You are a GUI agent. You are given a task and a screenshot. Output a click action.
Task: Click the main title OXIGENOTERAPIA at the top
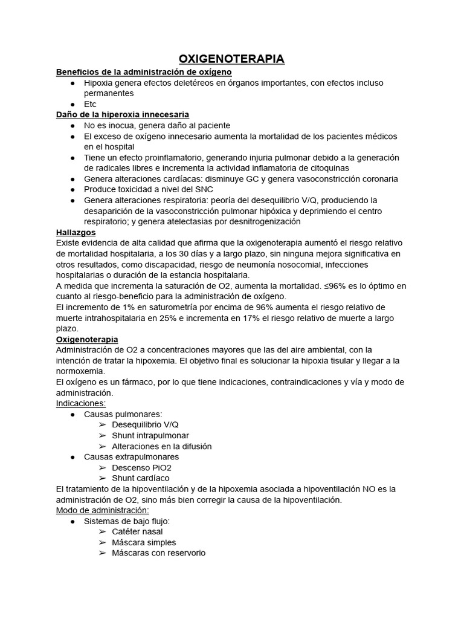coord(231,59)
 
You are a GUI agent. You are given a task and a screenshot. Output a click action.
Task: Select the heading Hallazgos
coord(76,232)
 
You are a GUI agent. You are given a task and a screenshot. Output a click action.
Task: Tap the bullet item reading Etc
coord(90,104)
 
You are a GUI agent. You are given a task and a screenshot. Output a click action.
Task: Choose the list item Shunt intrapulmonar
coord(150,435)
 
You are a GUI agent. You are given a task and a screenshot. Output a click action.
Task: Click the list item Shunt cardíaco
coord(140,478)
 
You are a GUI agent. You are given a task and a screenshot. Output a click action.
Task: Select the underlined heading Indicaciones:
coord(80,403)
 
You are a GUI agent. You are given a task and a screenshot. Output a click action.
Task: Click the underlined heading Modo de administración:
coord(102,510)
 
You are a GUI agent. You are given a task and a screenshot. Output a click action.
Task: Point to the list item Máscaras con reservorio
coord(158,553)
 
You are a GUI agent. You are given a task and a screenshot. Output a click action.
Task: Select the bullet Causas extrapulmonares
coord(131,456)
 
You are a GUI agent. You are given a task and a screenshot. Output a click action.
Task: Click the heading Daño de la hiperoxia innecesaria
coord(123,114)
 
